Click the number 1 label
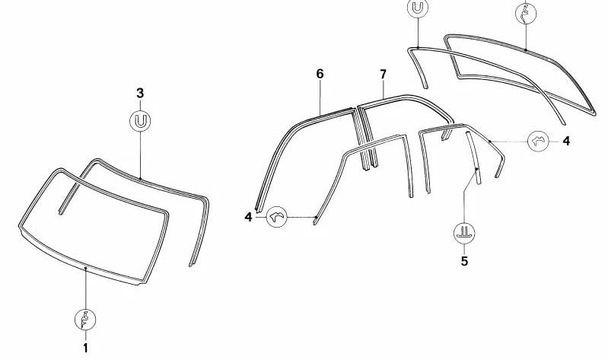(85, 347)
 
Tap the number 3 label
(140, 93)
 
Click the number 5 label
(463, 261)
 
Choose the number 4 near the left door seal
(248, 217)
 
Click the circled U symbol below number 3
(140, 121)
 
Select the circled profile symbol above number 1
(85, 318)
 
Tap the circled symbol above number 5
(463, 232)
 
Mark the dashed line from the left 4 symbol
(301, 218)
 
